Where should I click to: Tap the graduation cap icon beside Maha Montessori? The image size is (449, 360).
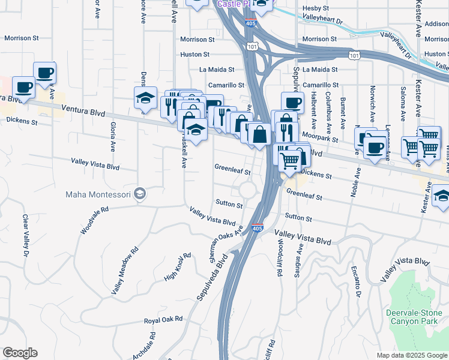click(x=140, y=193)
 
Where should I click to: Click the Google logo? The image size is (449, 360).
click(x=20, y=353)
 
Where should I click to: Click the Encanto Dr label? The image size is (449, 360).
click(x=355, y=281)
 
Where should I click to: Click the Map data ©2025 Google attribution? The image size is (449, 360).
click(x=411, y=355)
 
